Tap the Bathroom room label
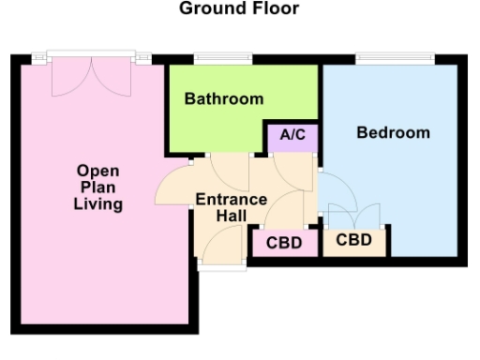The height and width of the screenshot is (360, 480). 223,98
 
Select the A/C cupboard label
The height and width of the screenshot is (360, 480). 293,135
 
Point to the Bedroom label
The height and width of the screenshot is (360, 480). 393,132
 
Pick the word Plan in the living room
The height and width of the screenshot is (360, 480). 97,187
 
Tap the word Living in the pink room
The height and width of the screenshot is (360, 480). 97,204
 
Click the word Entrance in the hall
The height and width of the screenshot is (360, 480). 231,200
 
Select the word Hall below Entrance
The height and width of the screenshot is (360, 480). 231,216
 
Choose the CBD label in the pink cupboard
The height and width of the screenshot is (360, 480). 284,243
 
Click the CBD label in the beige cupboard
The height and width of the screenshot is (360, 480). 353,239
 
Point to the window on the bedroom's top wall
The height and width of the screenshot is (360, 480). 394,58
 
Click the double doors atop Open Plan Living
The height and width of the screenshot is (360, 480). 90,75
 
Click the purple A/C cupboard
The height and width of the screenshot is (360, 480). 293,139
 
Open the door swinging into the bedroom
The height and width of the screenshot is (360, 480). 333,192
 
